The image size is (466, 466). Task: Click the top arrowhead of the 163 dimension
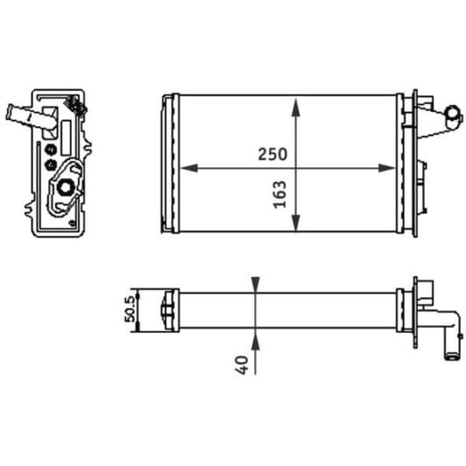click(298, 104)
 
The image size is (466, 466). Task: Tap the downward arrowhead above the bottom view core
click(255, 285)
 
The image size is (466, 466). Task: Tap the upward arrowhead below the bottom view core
click(255, 338)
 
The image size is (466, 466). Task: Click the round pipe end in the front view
click(451, 114)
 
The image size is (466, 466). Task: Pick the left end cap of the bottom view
click(164, 308)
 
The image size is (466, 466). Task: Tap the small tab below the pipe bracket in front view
click(425, 166)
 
